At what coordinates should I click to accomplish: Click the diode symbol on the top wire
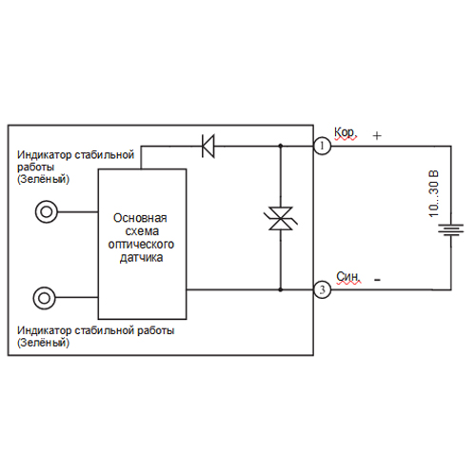[208, 147]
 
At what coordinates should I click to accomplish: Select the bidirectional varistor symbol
[281, 218]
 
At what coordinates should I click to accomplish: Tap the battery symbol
[451, 229]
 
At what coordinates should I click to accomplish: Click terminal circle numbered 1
[322, 146]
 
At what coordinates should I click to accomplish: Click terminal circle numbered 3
[322, 289]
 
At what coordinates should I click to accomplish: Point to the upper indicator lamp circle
[47, 211]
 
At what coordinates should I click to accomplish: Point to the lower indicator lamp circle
[45, 298]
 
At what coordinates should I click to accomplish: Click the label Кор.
[346, 132]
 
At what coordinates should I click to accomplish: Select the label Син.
[348, 277]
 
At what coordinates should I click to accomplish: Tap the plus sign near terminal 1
[377, 136]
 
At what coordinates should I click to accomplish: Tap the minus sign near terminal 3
[377, 280]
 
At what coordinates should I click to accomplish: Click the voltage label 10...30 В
[433, 193]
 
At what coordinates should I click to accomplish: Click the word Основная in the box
[140, 218]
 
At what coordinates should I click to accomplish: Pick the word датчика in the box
[141, 257]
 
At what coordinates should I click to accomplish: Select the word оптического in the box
[141, 245]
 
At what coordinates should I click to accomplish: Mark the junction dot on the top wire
[281, 146]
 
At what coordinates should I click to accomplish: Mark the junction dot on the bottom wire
[281, 289]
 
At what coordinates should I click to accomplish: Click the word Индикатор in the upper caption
[45, 155]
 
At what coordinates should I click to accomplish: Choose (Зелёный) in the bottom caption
[43, 343]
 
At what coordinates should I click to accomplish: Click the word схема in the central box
[142, 231]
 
